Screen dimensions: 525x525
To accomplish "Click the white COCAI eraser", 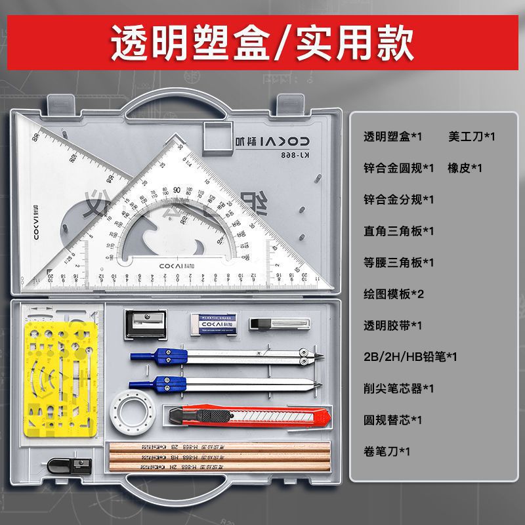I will coord(211,322).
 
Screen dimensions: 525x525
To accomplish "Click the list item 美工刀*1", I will coord(471,136).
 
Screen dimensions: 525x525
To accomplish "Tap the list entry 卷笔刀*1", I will coord(387,451).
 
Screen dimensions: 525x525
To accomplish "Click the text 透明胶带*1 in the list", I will coord(393,325).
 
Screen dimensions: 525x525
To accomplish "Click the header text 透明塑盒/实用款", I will coord(262,42).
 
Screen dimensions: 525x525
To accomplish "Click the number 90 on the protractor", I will coord(177,190).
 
